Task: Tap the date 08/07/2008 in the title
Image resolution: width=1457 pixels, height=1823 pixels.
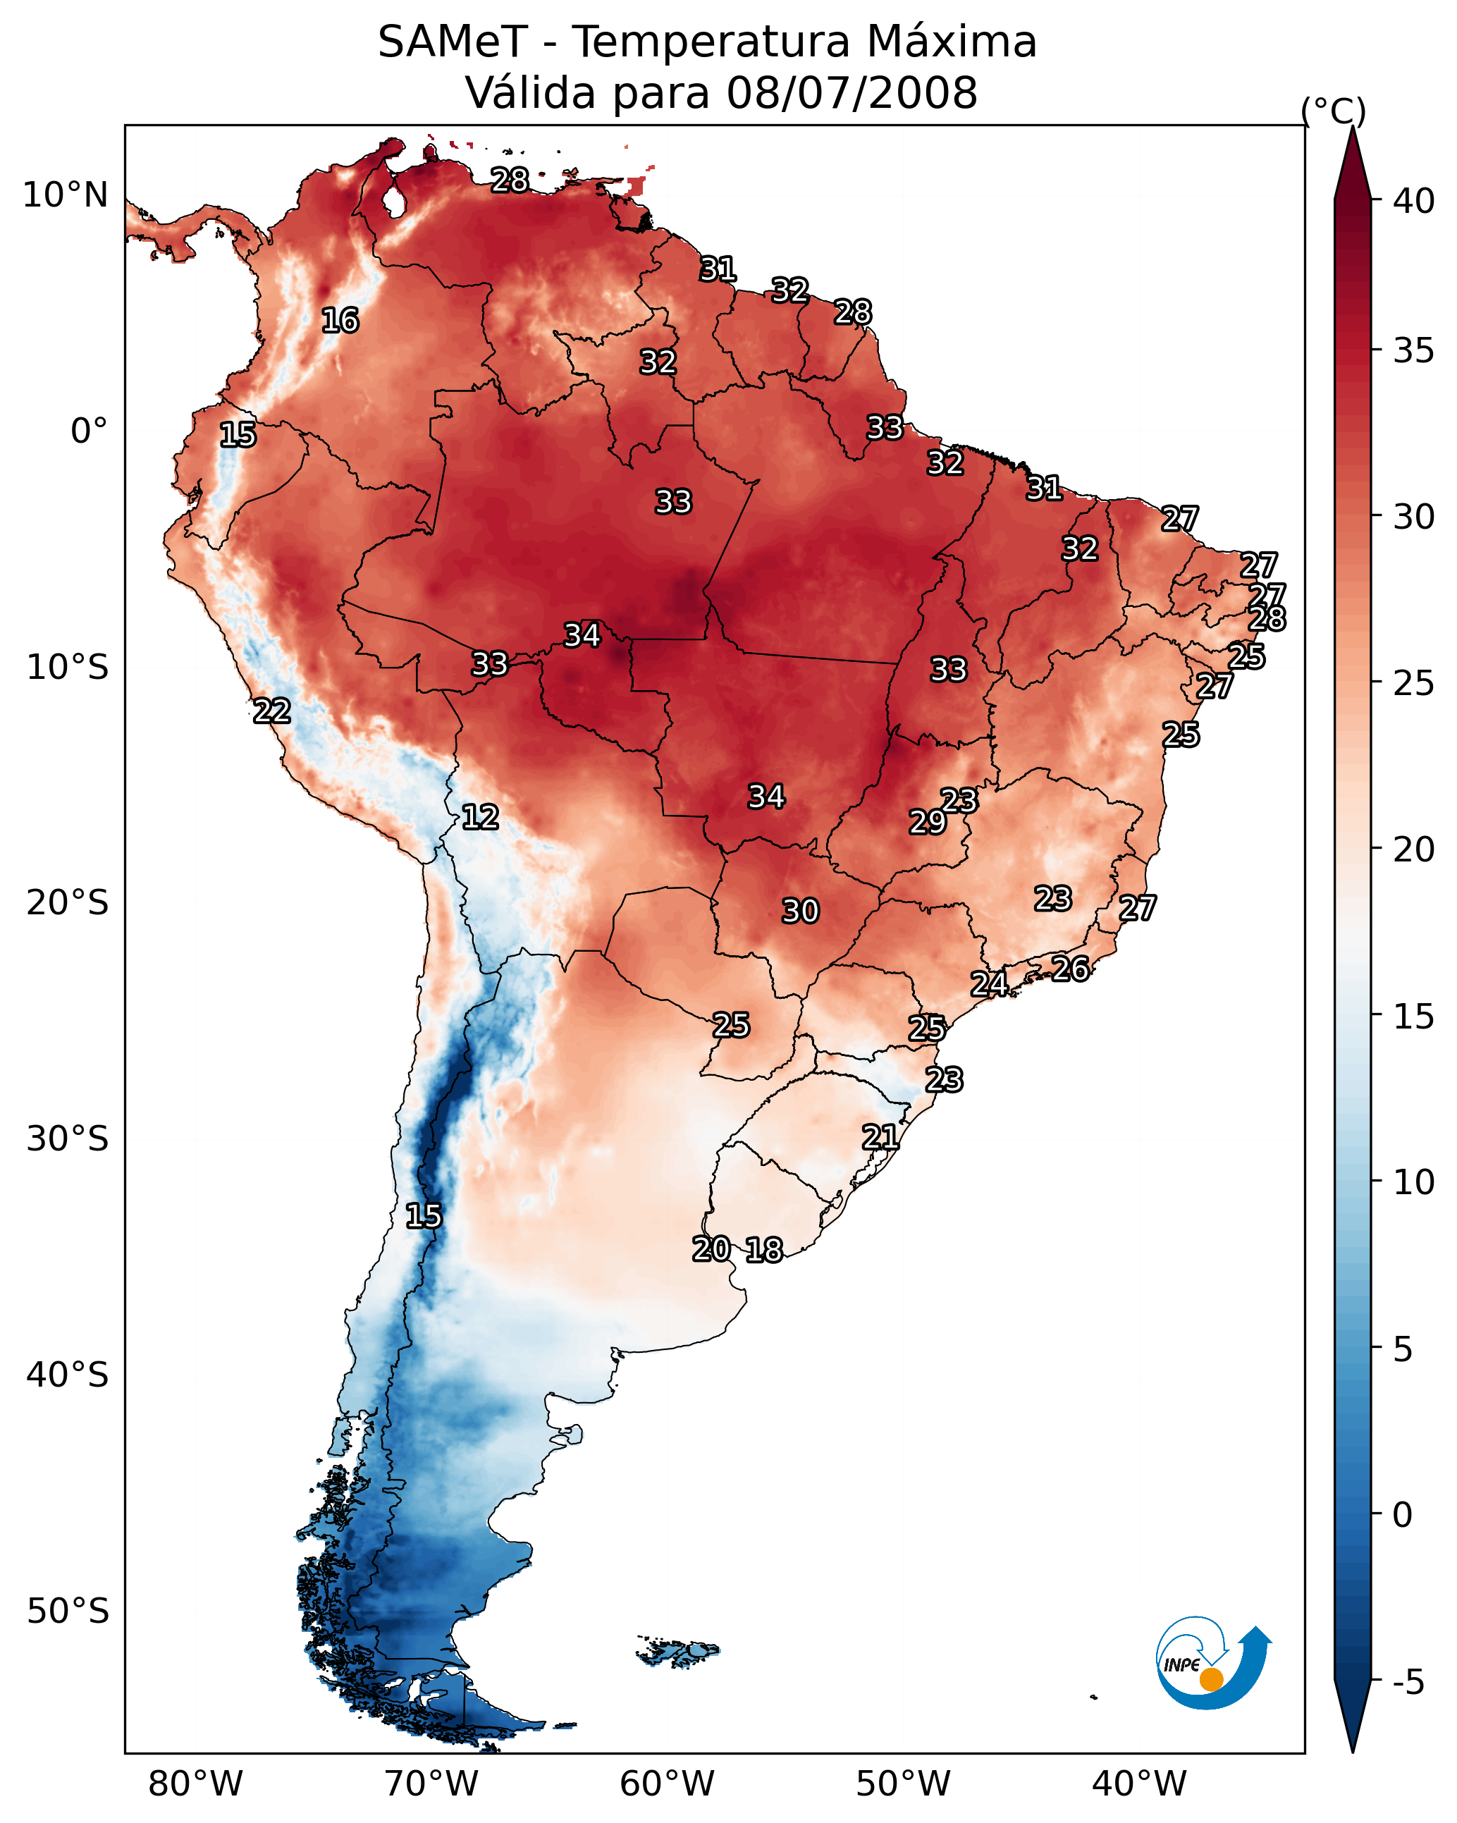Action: pyautogui.click(x=852, y=93)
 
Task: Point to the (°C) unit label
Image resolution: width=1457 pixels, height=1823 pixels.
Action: pyautogui.click(x=1333, y=111)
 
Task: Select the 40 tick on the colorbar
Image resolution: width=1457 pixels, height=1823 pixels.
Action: pyautogui.click(x=1414, y=201)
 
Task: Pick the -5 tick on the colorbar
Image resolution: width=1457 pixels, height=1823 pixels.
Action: pyautogui.click(x=1409, y=1682)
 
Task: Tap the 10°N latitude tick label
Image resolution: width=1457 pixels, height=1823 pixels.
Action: pyautogui.click(x=65, y=195)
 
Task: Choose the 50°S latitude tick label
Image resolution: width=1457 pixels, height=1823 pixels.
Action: pyautogui.click(x=68, y=1612)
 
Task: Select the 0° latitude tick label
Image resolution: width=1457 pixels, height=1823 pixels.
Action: pyautogui.click(x=89, y=431)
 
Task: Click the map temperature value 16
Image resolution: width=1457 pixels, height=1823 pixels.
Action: pyautogui.click(x=340, y=321)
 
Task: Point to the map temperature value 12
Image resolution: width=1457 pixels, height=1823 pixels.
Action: pyautogui.click(x=480, y=817)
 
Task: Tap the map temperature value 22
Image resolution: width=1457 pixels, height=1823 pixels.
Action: pyautogui.click(x=272, y=711)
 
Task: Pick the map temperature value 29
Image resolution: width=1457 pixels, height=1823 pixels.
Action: pyautogui.click(x=928, y=822)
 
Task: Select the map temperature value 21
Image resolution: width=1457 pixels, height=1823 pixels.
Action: pyautogui.click(x=880, y=1137)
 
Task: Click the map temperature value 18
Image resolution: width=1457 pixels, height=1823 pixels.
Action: pyautogui.click(x=764, y=1250)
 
